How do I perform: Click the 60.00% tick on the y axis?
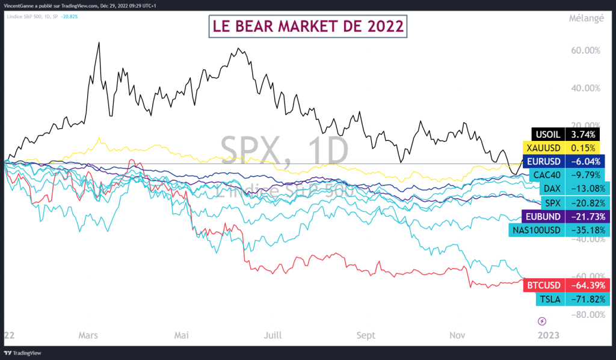pyautogui.click(x=585, y=51)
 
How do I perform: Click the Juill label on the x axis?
pyautogui.click(x=272, y=335)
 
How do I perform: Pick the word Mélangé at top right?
pyautogui.click(x=586, y=18)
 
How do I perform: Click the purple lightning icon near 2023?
pyautogui.click(x=541, y=320)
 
